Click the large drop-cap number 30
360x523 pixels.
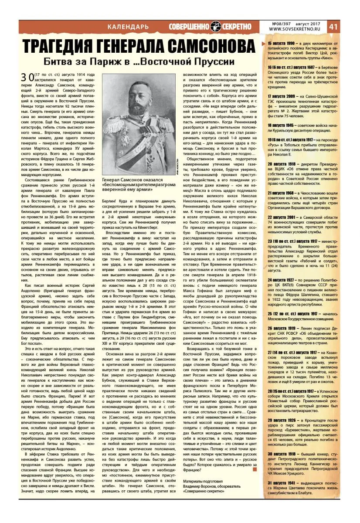click(27, 78)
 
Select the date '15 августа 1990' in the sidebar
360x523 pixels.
click(283, 44)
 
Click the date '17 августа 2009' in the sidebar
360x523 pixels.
click(283, 95)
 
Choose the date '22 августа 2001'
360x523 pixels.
click(283, 217)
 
